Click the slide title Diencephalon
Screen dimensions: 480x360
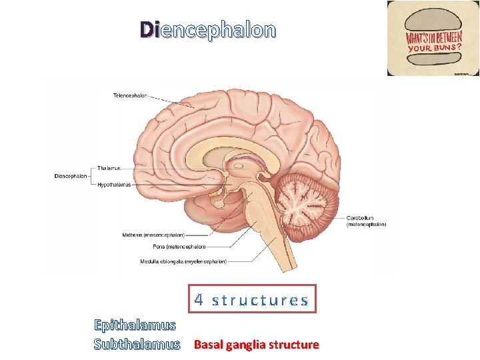[207, 30]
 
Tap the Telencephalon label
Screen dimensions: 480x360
[129, 95]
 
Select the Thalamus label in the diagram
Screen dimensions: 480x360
[109, 168]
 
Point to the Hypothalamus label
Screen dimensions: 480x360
[114, 184]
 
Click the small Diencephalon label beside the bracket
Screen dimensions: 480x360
[70, 176]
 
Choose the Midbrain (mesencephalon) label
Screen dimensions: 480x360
[153, 235]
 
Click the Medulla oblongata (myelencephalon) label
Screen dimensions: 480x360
[183, 261]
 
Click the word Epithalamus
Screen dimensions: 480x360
[135, 325]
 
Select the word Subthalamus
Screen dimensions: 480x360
[137, 345]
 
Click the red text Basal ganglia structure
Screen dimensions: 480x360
[256, 345]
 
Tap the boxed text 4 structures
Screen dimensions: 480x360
[251, 300]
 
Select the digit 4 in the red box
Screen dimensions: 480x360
[199, 299]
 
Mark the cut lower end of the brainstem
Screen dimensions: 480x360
[288, 268]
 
